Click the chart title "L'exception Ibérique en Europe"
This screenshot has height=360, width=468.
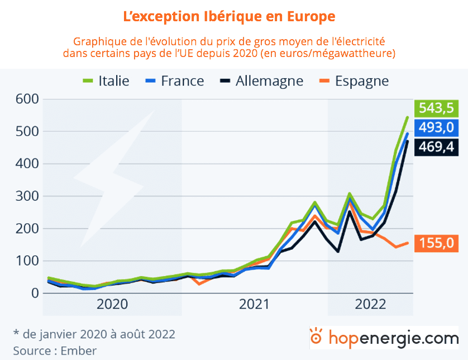point(229,16)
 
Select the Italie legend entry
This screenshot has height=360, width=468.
point(106,80)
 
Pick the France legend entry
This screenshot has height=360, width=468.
point(174,80)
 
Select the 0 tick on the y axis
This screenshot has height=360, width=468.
point(33,293)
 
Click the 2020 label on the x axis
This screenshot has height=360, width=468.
point(112,305)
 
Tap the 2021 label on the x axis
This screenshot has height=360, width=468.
point(255,305)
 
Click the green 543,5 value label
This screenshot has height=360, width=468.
point(437,107)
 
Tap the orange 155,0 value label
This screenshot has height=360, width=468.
point(437,243)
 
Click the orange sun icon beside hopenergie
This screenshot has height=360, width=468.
point(317,337)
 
